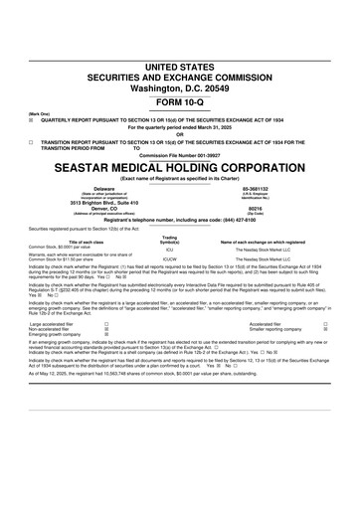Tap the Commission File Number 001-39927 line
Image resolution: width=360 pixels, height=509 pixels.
180,155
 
